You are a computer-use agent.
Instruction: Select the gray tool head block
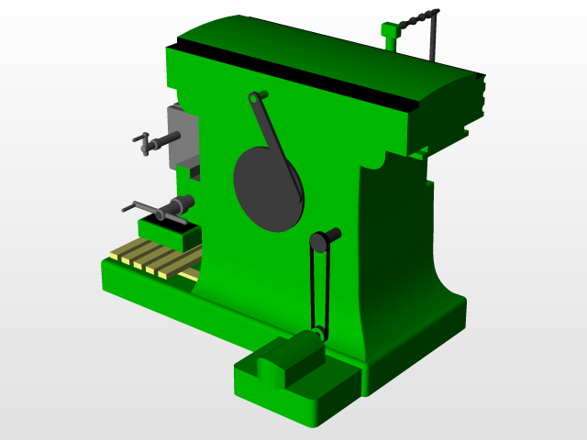tap(182, 137)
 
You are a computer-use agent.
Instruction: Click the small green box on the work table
tap(170, 234)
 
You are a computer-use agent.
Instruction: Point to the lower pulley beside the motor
tap(316, 335)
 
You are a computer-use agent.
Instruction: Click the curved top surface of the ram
tap(321, 46)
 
